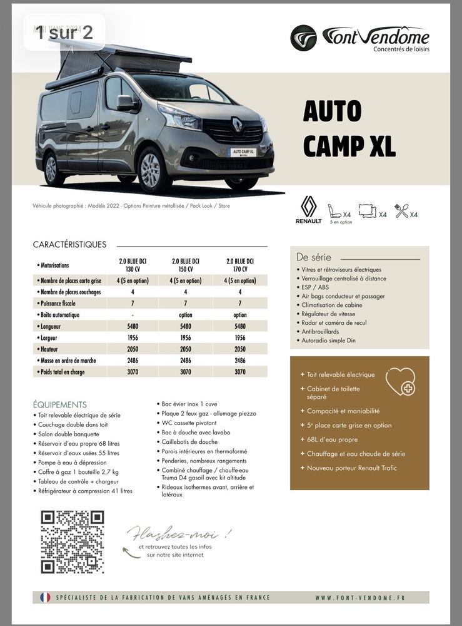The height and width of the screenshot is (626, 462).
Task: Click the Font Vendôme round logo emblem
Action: coord(303,38)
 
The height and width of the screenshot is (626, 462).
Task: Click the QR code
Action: coord(72,542)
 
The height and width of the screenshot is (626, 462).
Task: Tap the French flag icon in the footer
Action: coord(45,597)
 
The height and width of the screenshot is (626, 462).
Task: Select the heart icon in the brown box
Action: coord(400,381)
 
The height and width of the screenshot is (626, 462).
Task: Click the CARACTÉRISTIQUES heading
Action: coord(69,245)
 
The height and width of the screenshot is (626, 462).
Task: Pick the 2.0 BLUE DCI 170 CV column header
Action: coord(240,265)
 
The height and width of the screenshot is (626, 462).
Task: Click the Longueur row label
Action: coord(53,326)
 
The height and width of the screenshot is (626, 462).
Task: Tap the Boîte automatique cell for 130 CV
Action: coord(133,315)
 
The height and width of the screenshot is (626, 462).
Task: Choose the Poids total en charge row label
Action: coord(62,372)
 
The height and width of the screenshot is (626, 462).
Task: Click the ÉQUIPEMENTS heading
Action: coord(60,405)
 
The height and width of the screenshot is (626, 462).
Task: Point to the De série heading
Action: coord(314,257)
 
